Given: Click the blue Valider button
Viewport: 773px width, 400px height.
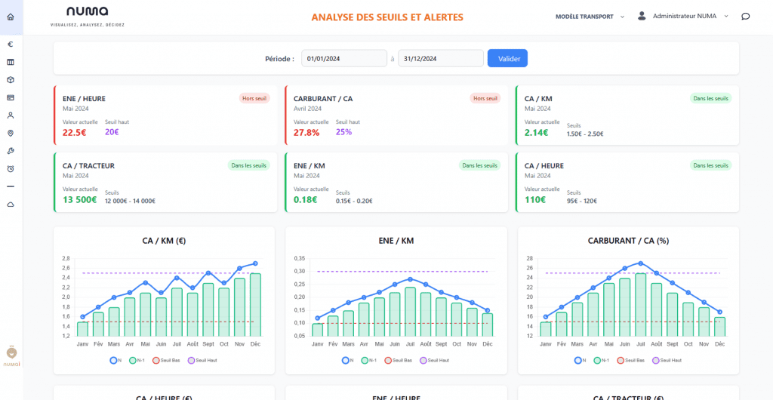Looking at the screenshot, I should [x=507, y=58].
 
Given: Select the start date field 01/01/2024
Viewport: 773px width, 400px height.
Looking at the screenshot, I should [x=344, y=58].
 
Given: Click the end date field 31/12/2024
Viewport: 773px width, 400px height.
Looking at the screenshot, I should [x=441, y=58].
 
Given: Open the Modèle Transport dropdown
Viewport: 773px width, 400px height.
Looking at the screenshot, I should [x=590, y=16].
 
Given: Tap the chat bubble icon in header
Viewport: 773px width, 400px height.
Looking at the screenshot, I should [x=745, y=16].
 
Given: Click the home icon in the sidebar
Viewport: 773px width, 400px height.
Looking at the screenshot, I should [x=11, y=17].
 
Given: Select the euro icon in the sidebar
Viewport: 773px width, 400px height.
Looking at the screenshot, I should [x=11, y=44].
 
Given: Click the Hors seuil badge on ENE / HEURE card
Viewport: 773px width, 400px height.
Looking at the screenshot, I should [x=254, y=98].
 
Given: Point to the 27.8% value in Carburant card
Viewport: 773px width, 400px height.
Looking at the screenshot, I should [x=306, y=132].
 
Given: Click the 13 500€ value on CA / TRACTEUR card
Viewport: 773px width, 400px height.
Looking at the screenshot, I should [x=79, y=199].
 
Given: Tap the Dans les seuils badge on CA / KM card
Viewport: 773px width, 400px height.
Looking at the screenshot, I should [x=710, y=98].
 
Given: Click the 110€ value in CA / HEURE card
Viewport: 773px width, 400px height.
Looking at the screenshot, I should [x=535, y=199].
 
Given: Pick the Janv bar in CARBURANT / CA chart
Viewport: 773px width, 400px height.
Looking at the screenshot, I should [x=545, y=329].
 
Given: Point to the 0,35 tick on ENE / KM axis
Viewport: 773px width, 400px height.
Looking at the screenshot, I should [x=300, y=257].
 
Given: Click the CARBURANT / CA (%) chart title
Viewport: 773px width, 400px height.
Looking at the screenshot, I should [x=628, y=241].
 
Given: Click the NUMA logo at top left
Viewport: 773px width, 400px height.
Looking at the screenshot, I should [x=87, y=12].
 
